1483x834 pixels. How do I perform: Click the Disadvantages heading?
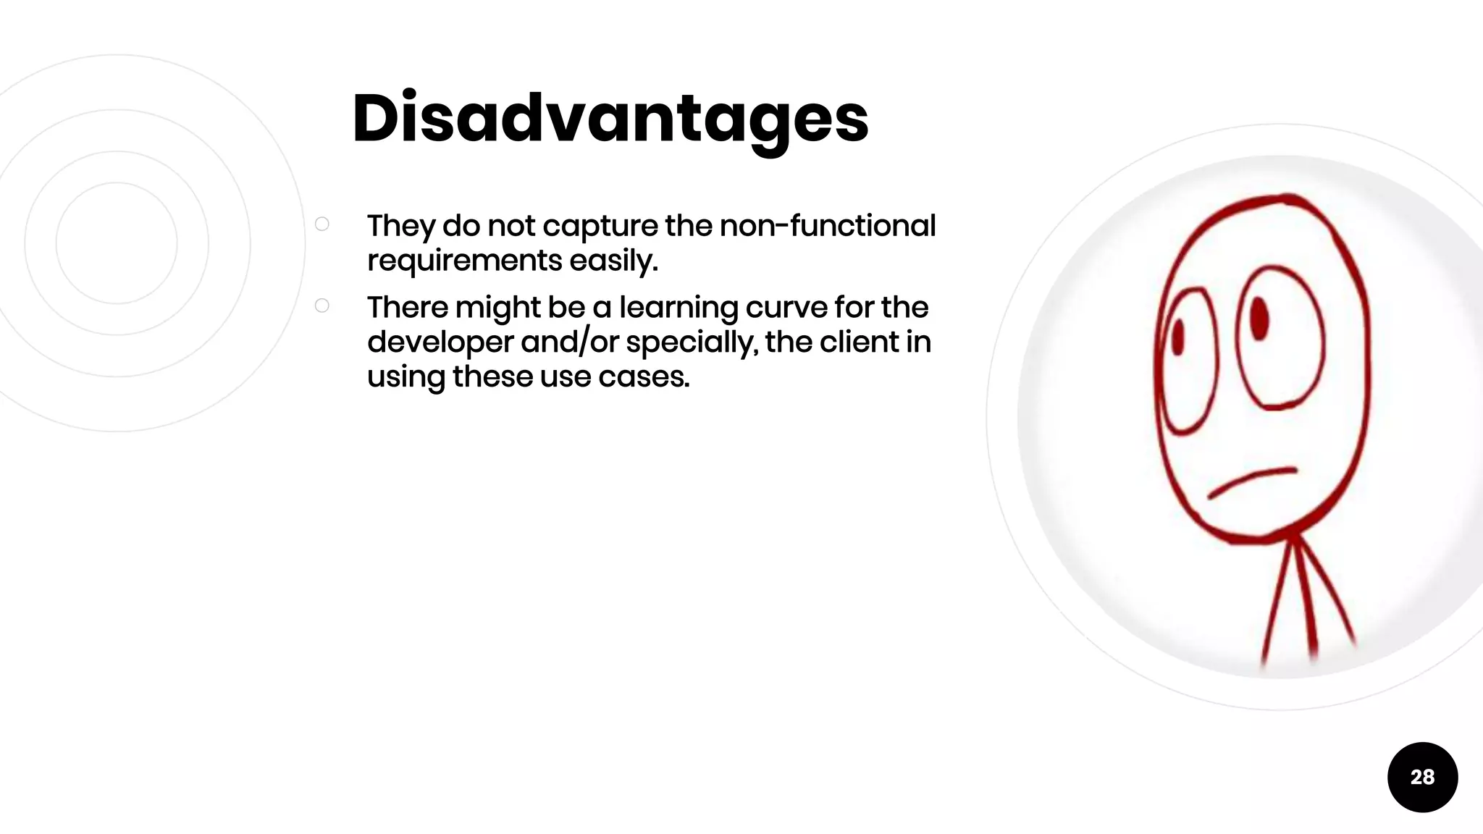coord(610,119)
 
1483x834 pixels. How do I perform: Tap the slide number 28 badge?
coord(1422,777)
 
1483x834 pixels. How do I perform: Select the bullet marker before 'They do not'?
coord(322,224)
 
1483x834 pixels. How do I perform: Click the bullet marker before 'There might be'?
coord(322,306)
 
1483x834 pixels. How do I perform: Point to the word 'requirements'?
coord(464,261)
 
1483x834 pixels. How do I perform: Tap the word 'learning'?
coord(678,308)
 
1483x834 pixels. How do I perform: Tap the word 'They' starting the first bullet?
coord(400,227)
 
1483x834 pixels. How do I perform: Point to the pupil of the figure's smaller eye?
coord(1178,337)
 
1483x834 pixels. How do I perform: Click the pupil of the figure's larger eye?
coord(1260,318)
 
